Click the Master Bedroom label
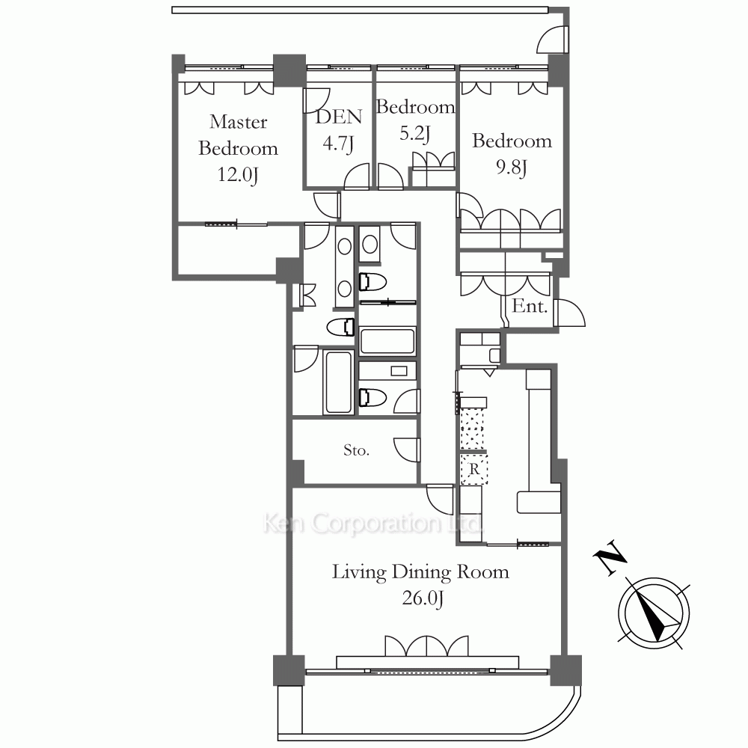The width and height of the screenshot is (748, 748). [238, 135]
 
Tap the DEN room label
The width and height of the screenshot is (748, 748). [339, 117]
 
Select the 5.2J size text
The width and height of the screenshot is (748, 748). [415, 134]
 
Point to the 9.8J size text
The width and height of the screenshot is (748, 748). [512, 168]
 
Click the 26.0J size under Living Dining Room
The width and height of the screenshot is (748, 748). [423, 598]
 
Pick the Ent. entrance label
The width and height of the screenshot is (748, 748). [529, 306]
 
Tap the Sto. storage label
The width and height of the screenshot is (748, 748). [356, 450]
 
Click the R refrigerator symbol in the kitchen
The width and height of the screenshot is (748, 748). [473, 470]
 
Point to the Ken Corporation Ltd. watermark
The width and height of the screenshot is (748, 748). [373, 524]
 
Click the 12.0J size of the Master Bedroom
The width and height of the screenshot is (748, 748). [238, 174]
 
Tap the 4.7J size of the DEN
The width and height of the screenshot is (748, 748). [338, 143]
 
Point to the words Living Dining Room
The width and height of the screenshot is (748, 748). [420, 571]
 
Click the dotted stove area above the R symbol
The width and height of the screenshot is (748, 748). [472, 429]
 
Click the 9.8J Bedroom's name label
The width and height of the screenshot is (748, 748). [512, 141]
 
